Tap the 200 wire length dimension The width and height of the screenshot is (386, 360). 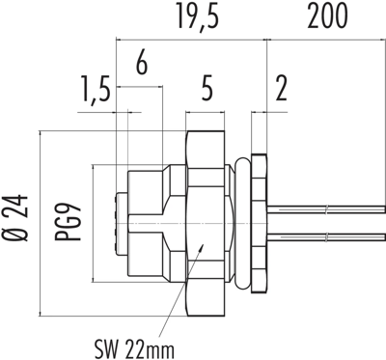(327, 15)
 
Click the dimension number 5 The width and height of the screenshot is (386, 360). (207, 89)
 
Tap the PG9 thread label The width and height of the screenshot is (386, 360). (68, 222)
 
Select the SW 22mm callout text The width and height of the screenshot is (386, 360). (134, 348)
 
